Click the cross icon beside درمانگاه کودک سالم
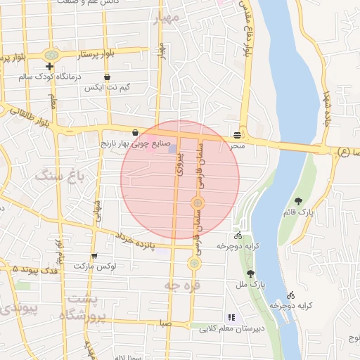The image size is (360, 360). pyautogui.click(x=49, y=66)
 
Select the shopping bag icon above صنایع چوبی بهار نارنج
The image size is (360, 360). pyautogui.click(x=135, y=131)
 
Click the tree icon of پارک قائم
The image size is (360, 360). pyautogui.click(x=299, y=202)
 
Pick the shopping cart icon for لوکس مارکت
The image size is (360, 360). pyautogui.click(x=94, y=256)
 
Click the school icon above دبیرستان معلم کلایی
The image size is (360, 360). pyautogui.click(x=231, y=318)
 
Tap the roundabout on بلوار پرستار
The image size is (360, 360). pyautogui.click(x=51, y=54)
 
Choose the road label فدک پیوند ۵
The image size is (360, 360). pyautogui.click(x=29, y=269)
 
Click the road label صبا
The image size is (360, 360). pyautogui.click(x=165, y=324)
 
